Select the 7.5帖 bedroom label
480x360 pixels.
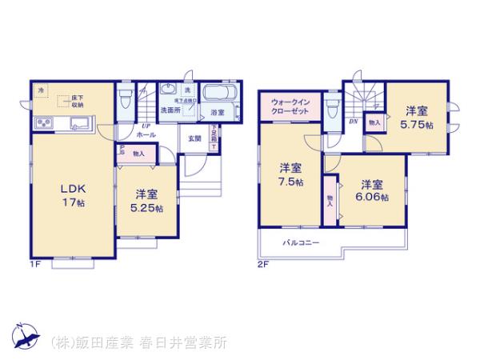point(290,174)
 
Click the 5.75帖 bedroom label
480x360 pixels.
point(418,118)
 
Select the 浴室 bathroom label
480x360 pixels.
point(217,112)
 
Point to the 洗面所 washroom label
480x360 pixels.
point(170,110)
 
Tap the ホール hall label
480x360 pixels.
point(146,135)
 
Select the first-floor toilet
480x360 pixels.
point(126,99)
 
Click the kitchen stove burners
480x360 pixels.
point(44,123)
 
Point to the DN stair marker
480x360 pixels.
point(353,122)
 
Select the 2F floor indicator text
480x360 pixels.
point(262,264)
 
